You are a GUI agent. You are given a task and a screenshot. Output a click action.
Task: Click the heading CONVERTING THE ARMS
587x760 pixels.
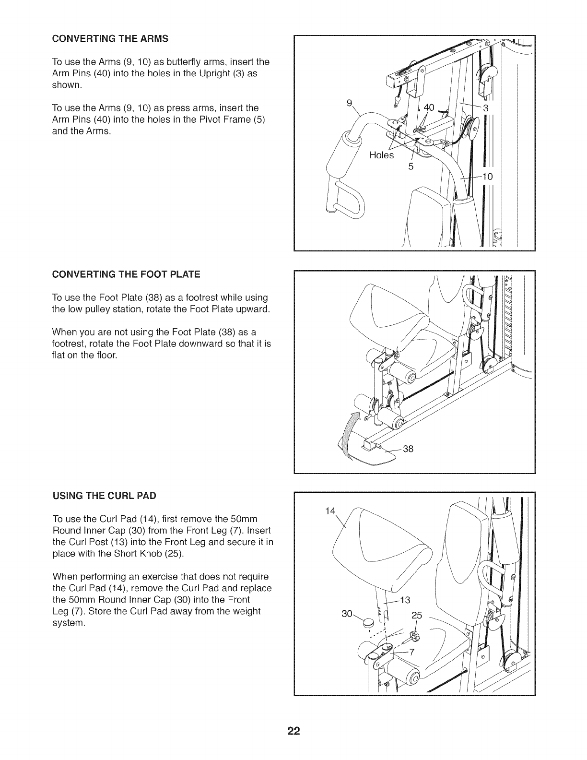[110, 38]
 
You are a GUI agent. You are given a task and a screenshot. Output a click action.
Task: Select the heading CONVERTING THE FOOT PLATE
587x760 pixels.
[126, 274]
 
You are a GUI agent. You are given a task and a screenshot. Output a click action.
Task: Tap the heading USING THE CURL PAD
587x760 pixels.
[104, 495]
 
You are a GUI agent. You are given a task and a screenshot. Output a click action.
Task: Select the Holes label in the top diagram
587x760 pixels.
[381, 155]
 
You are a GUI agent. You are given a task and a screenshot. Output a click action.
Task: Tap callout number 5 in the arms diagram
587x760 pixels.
[411, 166]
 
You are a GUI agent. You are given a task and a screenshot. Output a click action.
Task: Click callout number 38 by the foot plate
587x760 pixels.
[408, 449]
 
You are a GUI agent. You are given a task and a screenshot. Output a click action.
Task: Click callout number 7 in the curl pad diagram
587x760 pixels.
[411, 651]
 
